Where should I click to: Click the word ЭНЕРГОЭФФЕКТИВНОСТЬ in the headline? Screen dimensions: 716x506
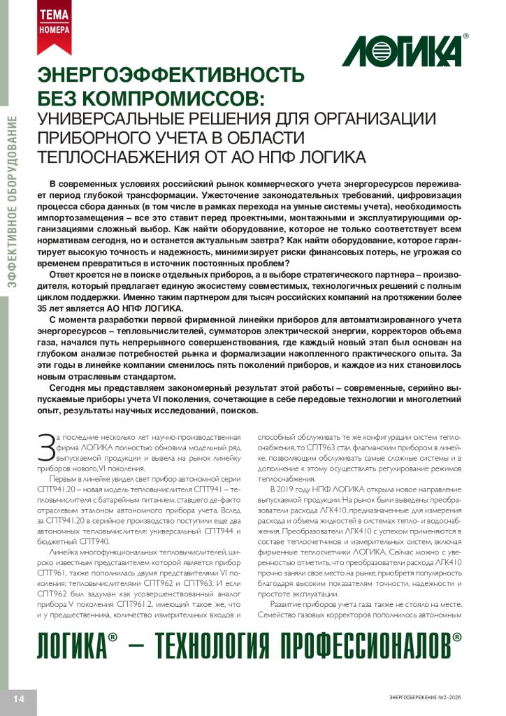click(171, 76)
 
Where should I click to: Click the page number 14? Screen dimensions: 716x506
click(18, 699)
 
